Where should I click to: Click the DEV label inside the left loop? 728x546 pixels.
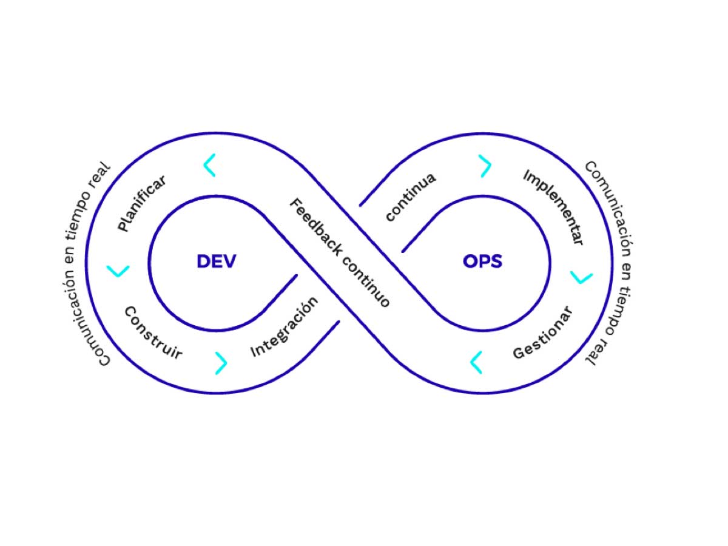216,261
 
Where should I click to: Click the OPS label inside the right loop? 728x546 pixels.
483,261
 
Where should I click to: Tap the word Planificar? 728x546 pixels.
142,203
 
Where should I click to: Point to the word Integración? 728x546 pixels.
284,328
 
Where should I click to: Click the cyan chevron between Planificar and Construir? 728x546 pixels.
118,271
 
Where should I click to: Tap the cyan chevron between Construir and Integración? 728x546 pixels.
221,363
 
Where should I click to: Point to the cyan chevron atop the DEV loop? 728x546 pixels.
209,166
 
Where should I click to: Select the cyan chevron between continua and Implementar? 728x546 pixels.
485,166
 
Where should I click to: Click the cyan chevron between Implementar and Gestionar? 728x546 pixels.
582,277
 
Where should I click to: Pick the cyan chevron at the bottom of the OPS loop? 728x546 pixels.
477,362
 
